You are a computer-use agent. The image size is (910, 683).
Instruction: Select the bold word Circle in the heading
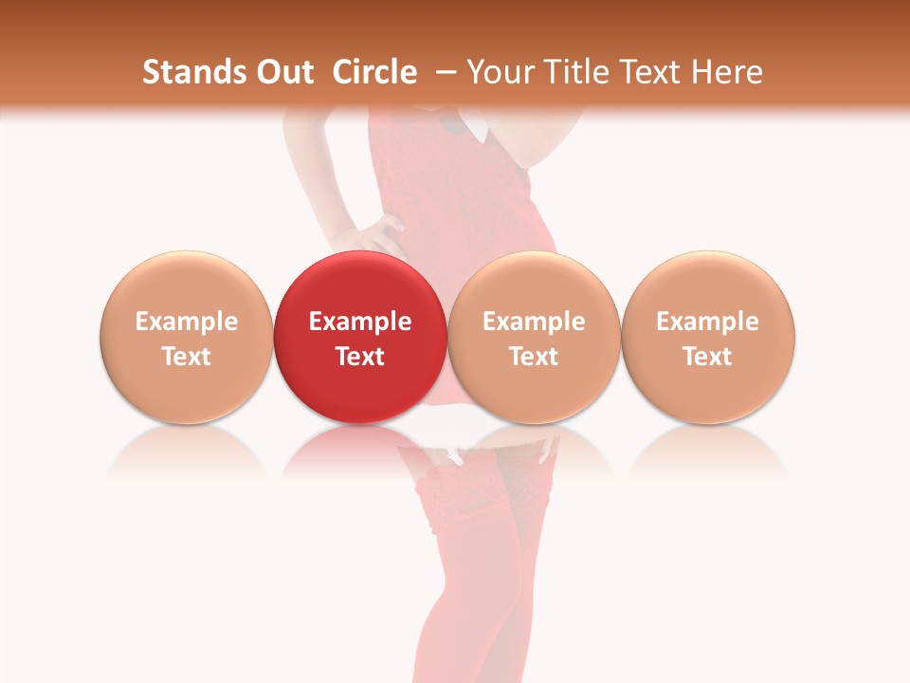coord(374,72)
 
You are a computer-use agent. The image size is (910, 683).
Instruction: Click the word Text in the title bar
coord(652,72)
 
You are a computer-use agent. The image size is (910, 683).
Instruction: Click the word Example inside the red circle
coord(360,322)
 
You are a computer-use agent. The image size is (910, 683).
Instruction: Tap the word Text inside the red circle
coord(360,357)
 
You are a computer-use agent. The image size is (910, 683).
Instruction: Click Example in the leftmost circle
coord(187,322)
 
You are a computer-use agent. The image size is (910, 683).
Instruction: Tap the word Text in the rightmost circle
coord(708,357)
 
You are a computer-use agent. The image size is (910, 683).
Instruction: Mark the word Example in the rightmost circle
coord(708,322)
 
